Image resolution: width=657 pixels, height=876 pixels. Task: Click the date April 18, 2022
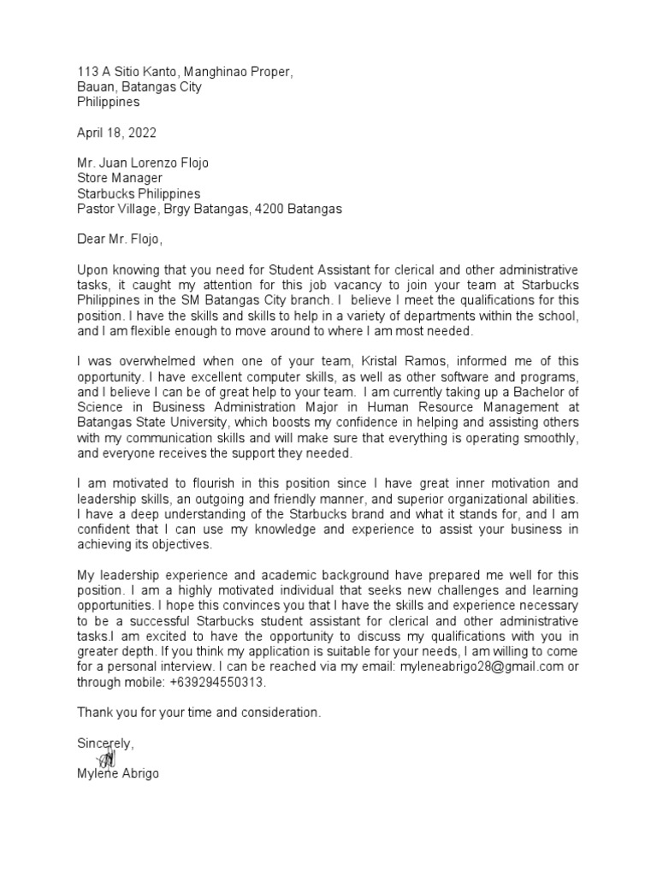click(x=117, y=133)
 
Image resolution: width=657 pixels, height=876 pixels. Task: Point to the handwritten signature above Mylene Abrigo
click(x=107, y=758)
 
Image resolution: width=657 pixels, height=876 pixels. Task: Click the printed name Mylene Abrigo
click(x=117, y=774)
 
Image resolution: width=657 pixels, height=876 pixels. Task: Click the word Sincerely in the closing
click(x=105, y=743)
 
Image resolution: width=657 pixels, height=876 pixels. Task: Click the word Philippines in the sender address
click(x=109, y=102)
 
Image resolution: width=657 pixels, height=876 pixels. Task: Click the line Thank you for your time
click(x=199, y=712)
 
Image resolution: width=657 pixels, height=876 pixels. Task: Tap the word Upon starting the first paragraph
click(x=93, y=269)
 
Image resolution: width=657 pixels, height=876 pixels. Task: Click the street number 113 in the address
click(x=88, y=71)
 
